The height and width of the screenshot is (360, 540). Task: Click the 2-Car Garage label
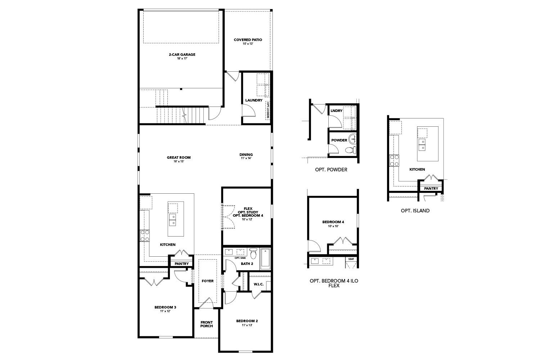pyautogui.click(x=182, y=55)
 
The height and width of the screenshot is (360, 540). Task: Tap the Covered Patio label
pyautogui.click(x=248, y=40)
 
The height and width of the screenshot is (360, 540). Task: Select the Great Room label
pyautogui.click(x=179, y=157)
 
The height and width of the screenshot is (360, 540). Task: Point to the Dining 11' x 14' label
pyautogui.click(x=246, y=155)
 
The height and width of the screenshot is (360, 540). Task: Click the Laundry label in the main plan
pyautogui.click(x=254, y=100)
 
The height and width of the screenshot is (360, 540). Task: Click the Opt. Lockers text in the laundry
pyautogui.click(x=268, y=110)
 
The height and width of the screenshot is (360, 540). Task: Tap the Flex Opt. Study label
pyautogui.click(x=248, y=212)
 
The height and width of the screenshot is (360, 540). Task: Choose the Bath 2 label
pyautogui.click(x=247, y=264)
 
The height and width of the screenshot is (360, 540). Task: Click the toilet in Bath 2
pyautogui.click(x=253, y=253)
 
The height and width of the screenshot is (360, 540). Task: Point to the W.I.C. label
pyautogui.click(x=258, y=284)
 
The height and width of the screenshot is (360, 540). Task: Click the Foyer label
pyautogui.click(x=207, y=281)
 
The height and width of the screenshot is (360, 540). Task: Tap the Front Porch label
pyautogui.click(x=207, y=324)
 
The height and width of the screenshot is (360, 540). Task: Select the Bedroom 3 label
pyautogui.click(x=165, y=307)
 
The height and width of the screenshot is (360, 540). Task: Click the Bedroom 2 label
pyautogui.click(x=247, y=321)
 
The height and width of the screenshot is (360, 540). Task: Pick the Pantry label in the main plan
pyautogui.click(x=182, y=264)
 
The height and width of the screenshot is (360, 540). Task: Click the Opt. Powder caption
pyautogui.click(x=331, y=170)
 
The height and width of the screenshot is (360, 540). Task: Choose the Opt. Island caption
pyautogui.click(x=415, y=211)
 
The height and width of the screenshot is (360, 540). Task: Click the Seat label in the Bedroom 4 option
pyautogui.click(x=351, y=259)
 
